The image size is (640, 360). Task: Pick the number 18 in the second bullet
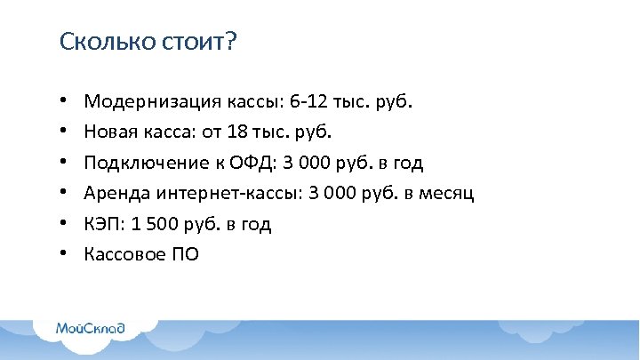pos(236,132)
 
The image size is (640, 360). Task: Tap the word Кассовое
pos(120,255)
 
